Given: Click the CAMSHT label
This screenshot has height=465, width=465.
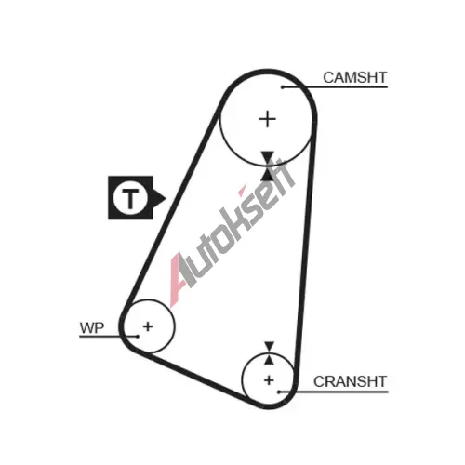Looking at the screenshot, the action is pyautogui.click(x=355, y=77).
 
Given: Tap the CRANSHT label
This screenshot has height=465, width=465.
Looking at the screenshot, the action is pyautogui.click(x=350, y=381).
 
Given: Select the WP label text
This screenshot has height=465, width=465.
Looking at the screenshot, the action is pyautogui.click(x=92, y=328).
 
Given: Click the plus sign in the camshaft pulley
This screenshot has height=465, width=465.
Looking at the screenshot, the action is pyautogui.click(x=267, y=119).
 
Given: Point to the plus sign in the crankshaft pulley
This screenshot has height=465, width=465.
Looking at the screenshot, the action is pyautogui.click(x=269, y=380).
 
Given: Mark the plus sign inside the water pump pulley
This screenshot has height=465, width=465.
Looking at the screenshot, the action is pyautogui.click(x=148, y=326).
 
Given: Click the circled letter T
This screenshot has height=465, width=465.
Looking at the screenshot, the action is pyautogui.click(x=130, y=197).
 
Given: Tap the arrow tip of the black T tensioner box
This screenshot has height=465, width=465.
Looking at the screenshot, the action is pyautogui.click(x=166, y=198).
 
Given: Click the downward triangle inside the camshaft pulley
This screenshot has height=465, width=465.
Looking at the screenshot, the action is pyautogui.click(x=267, y=156).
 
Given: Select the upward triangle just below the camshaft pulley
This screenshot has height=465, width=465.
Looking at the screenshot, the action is pyautogui.click(x=267, y=174).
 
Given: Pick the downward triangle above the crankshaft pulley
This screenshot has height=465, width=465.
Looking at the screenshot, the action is pyautogui.click(x=269, y=346).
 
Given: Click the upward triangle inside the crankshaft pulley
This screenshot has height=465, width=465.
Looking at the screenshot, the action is pyautogui.click(x=269, y=360).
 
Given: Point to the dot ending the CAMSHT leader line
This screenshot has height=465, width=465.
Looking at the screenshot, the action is pyautogui.click(x=283, y=87).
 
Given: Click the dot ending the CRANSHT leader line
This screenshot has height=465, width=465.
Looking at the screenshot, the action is pyautogui.click(x=278, y=392).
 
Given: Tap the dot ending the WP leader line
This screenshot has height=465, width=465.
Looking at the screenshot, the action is pyautogui.click(x=138, y=337).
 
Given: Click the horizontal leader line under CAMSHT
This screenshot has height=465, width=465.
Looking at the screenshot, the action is pyautogui.click(x=335, y=87).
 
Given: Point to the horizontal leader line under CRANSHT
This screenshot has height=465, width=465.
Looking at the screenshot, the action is pyautogui.click(x=333, y=392).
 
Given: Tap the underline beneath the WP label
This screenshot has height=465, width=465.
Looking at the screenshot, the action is pyautogui.click(x=109, y=337).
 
